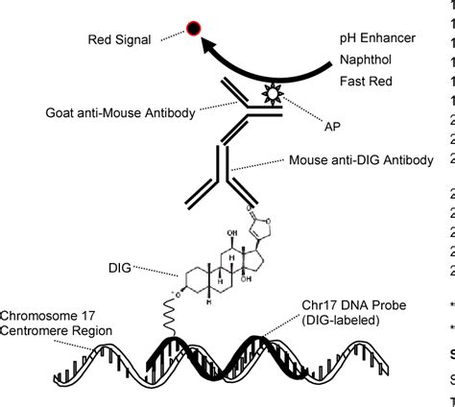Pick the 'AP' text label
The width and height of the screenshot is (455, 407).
click(x=320, y=125)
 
